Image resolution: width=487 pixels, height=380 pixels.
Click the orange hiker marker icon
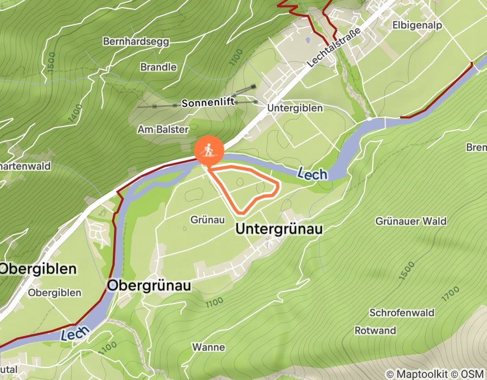209,150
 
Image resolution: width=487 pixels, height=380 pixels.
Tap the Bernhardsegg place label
136,41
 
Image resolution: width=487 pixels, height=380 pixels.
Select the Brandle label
158,67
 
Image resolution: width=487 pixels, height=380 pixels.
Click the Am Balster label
163,130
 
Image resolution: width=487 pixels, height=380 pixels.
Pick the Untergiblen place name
295,108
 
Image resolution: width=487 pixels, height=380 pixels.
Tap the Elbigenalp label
416,25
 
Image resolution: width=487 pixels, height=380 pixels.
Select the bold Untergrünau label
279,230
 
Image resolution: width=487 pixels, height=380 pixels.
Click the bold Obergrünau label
149,286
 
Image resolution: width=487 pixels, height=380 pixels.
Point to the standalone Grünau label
208,220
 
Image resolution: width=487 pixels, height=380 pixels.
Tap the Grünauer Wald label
411,221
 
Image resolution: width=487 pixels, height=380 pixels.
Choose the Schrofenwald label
402,313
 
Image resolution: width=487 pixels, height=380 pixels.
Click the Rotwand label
375,331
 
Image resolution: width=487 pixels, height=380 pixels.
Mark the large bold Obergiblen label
39,269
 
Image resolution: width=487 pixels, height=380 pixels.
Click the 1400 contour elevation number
75,115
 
